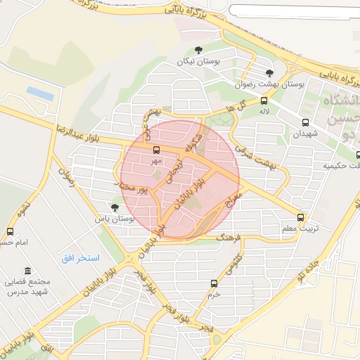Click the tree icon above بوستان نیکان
(198, 50)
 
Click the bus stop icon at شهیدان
(304, 122)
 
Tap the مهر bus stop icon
(156, 149)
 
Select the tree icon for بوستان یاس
(115, 207)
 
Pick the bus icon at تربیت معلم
(301, 217)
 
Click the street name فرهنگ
(229, 238)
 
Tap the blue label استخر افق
(80, 258)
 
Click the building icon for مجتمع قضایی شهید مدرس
(27, 271)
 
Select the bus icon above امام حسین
(10, 231)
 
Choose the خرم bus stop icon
(214, 283)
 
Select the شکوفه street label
(192, 141)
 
